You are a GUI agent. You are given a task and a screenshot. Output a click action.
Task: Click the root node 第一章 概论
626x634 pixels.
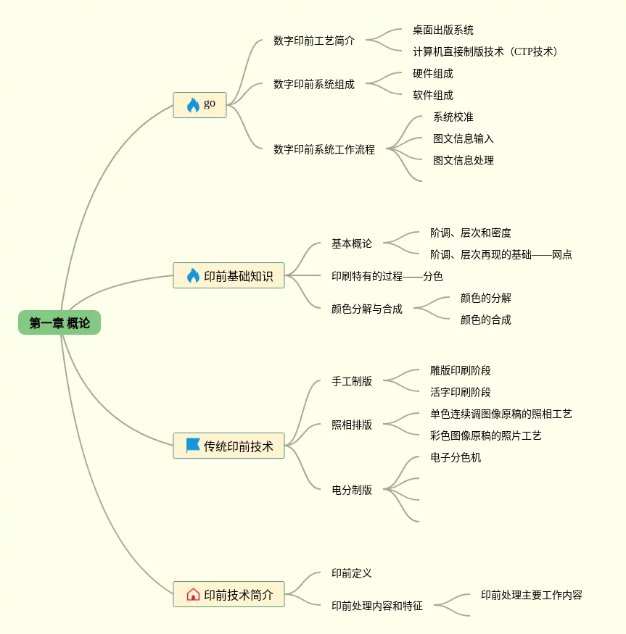(x=59, y=323)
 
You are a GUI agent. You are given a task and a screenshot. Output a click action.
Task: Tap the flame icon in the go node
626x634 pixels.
(x=193, y=105)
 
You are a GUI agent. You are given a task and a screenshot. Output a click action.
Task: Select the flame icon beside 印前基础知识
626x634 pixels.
(x=193, y=275)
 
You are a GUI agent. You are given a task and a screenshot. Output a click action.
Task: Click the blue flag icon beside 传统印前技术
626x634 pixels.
(x=193, y=446)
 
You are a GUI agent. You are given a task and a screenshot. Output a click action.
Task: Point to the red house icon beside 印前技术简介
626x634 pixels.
(x=193, y=595)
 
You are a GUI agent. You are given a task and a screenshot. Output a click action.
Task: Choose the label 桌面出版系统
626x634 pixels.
(x=443, y=30)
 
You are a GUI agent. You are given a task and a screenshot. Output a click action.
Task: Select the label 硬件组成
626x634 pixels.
(x=433, y=73)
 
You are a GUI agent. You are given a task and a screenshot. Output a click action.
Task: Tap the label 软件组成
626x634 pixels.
(x=433, y=95)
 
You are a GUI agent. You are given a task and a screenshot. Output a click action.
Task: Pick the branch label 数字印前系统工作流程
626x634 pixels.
(x=324, y=149)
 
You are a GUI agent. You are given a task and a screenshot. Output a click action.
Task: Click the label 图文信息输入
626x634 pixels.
(x=464, y=138)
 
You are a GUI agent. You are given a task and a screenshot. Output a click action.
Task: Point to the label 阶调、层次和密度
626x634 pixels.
(x=471, y=233)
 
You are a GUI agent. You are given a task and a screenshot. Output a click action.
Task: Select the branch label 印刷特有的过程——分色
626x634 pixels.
(x=387, y=276)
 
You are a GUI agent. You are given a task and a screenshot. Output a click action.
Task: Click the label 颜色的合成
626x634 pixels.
(x=486, y=320)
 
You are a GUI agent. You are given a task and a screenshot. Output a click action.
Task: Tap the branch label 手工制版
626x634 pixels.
(x=352, y=381)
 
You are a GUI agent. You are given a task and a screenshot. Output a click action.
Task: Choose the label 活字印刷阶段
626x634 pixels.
(x=461, y=392)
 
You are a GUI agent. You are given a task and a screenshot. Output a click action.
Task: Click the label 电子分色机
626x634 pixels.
(x=456, y=457)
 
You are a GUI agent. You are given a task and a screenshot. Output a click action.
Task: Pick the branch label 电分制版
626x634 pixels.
(x=352, y=490)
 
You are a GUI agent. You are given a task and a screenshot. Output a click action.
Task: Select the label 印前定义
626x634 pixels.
(x=352, y=573)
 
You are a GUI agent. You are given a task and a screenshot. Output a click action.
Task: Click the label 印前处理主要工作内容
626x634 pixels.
(x=532, y=595)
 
